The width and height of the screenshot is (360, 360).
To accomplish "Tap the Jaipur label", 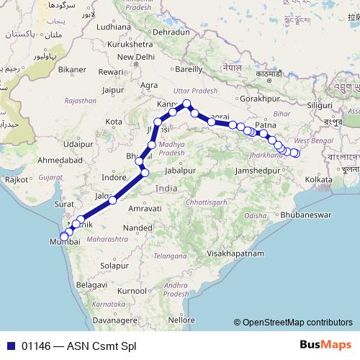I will point(114,90).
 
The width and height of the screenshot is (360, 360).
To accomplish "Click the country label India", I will point(166,188).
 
